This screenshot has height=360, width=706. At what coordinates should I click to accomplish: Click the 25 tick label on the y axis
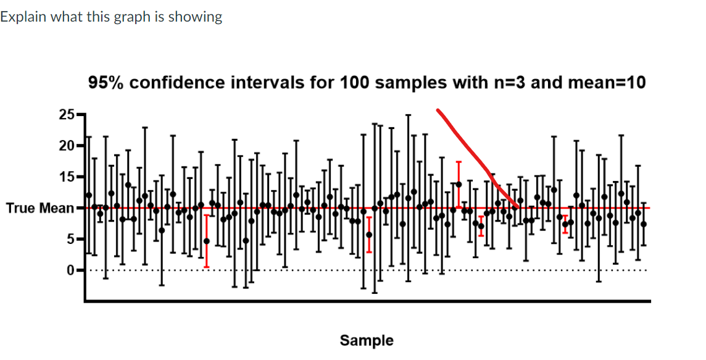click(66, 115)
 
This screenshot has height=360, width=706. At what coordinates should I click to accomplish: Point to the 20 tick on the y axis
click(66, 146)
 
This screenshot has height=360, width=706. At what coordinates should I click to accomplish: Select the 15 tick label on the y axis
click(66, 177)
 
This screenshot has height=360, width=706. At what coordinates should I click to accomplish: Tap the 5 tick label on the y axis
click(70, 239)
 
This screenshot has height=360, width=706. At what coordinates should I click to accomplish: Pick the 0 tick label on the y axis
click(70, 270)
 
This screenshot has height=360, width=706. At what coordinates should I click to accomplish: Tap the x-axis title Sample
click(367, 340)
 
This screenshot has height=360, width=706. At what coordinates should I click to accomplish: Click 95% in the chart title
click(105, 83)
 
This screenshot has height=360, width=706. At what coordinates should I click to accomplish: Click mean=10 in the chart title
click(607, 83)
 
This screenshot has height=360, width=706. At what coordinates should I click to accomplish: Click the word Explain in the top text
click(23, 17)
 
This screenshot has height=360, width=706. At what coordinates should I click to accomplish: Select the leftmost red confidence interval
click(207, 241)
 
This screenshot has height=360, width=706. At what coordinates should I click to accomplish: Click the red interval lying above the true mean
click(459, 184)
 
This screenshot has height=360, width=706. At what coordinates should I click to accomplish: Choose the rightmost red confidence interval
click(565, 224)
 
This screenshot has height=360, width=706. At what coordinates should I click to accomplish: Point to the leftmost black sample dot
click(88, 195)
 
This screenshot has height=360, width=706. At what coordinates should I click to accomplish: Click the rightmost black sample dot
click(644, 224)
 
